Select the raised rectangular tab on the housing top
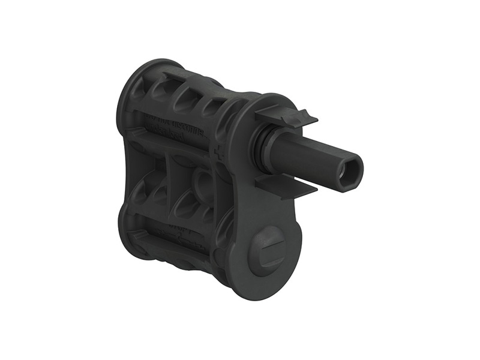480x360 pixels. pyautogui.click(x=180, y=75)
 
